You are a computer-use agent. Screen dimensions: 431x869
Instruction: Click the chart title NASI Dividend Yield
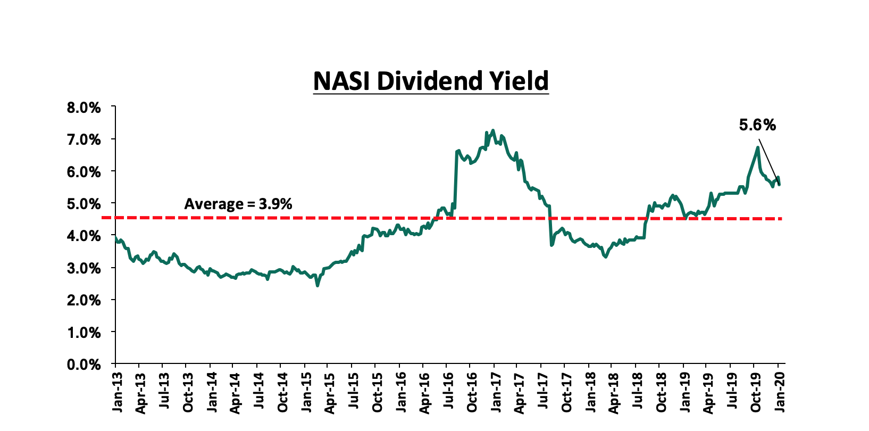point(431,81)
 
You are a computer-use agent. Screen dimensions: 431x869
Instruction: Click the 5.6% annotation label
point(757,125)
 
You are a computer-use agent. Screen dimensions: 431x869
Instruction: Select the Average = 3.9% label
point(238,204)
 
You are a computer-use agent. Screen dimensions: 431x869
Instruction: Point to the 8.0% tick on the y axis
point(84,107)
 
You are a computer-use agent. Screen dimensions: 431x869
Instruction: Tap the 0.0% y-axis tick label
point(84,364)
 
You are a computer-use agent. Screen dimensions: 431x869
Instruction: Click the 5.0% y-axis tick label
point(84,204)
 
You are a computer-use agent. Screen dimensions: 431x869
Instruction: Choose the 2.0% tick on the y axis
point(84,300)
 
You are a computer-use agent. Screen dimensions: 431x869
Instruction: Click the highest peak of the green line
point(493,130)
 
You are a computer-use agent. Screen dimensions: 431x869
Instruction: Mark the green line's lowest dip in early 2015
point(317,285)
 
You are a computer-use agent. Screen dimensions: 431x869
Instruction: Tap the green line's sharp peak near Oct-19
point(757,148)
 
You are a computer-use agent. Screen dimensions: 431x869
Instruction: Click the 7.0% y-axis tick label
point(84,139)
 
